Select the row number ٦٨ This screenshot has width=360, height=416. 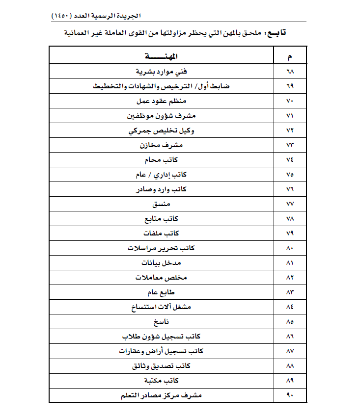[289, 72]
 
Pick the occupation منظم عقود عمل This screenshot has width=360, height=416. [162, 101]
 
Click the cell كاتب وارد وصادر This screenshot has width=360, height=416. [162, 189]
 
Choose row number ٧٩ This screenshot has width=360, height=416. [289, 234]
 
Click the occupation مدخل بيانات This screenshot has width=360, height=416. [162, 263]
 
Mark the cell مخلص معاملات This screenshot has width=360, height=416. [162, 278]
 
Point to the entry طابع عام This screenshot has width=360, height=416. [162, 292]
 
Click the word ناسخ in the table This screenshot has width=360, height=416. [162, 322]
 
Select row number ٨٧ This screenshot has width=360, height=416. [289, 351]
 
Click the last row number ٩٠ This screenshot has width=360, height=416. [289, 395]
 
